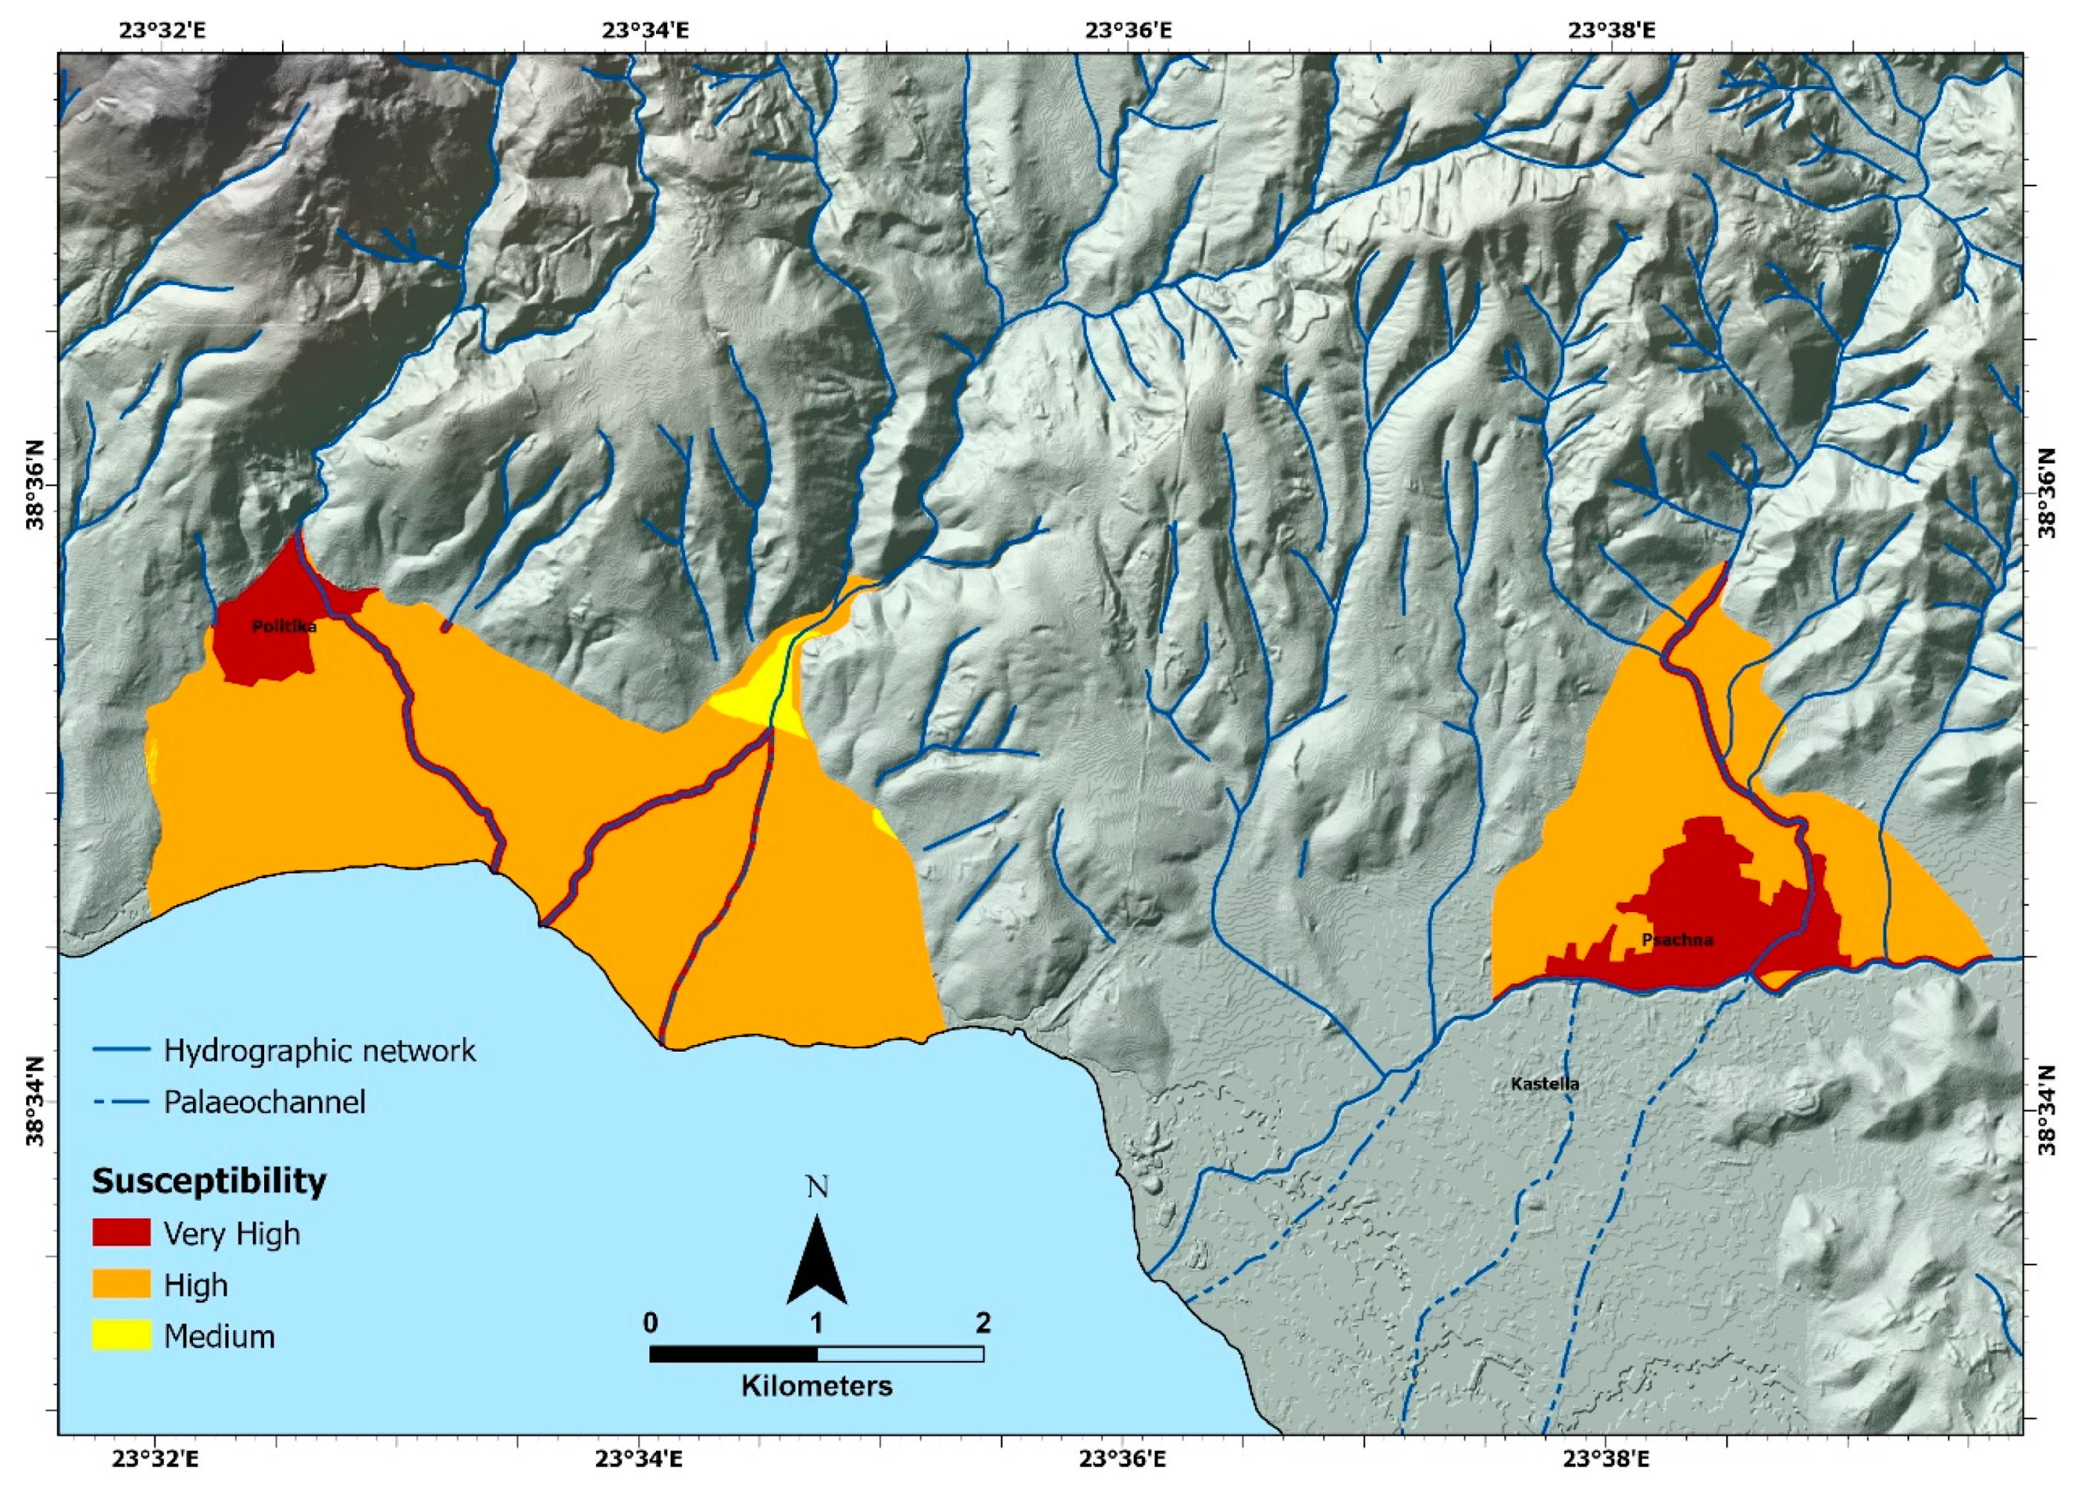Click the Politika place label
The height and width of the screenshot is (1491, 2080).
pyautogui.click(x=284, y=627)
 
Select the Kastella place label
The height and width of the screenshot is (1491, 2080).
pyautogui.click(x=1544, y=1084)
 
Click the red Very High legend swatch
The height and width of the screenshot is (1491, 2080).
pyautogui.click(x=121, y=1233)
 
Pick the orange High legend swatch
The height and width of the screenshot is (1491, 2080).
pyautogui.click(x=121, y=1285)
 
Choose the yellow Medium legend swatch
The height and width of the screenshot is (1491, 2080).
pyautogui.click(x=121, y=1336)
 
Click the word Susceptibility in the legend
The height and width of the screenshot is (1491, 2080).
pyautogui.click(x=209, y=1181)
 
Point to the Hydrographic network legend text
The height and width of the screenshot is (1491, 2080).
pyautogui.click(x=319, y=1050)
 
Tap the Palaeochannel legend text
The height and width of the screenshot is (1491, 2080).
pyautogui.click(x=264, y=1101)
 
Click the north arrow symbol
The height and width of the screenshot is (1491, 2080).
pyautogui.click(x=816, y=1261)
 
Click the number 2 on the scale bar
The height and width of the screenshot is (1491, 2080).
pyautogui.click(x=983, y=1323)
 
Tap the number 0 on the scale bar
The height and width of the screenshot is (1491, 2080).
pyautogui.click(x=650, y=1323)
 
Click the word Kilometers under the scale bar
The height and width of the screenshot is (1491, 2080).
pyautogui.click(x=816, y=1386)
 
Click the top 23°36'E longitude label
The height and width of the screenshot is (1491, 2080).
pyautogui.click(x=1128, y=30)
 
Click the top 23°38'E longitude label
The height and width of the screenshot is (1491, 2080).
pyautogui.click(x=1611, y=30)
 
